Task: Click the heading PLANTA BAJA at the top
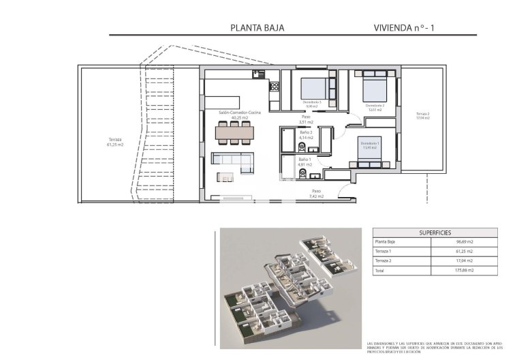click(257, 28)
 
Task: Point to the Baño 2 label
click(305, 136)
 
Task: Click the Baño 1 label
click(305, 162)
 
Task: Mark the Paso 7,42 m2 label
click(315, 193)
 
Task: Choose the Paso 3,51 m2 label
click(307, 119)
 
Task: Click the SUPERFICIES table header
click(422, 232)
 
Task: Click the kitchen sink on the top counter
click(257, 74)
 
